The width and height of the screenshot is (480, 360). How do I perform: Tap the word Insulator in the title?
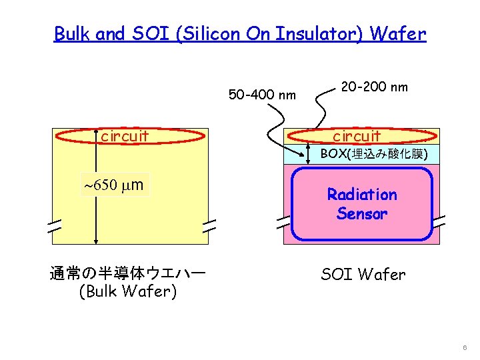[319, 34]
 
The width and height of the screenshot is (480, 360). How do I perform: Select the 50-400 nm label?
[262, 95]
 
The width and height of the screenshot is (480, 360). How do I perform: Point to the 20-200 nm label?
[374, 87]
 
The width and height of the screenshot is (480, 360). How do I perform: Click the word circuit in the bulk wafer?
[125, 137]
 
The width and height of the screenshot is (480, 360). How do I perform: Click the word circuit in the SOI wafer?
[357, 137]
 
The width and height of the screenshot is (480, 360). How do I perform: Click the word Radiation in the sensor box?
[362, 195]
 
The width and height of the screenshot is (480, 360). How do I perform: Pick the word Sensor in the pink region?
[362, 214]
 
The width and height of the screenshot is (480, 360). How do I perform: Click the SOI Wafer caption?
[363, 274]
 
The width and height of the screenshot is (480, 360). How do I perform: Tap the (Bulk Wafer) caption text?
[127, 291]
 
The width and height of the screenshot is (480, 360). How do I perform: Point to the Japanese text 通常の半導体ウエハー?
[128, 273]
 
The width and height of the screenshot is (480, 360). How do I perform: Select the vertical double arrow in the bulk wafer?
[97, 193]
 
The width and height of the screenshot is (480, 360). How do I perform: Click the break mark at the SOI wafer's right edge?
[439, 223]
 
